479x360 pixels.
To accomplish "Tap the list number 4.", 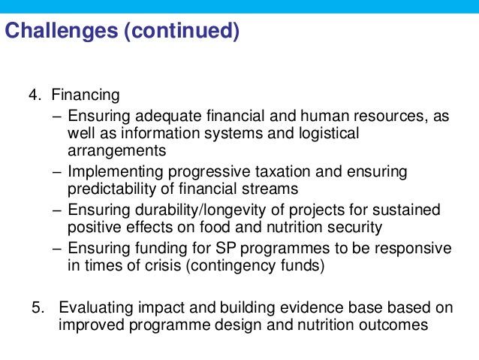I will click(34, 95).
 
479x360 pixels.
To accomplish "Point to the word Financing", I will click(86, 95).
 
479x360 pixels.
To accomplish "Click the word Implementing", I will click(114, 172).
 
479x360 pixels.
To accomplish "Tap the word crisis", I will click(158, 265).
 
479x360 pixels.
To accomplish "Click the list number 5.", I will click(38, 308).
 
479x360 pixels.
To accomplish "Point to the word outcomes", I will click(393, 325).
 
